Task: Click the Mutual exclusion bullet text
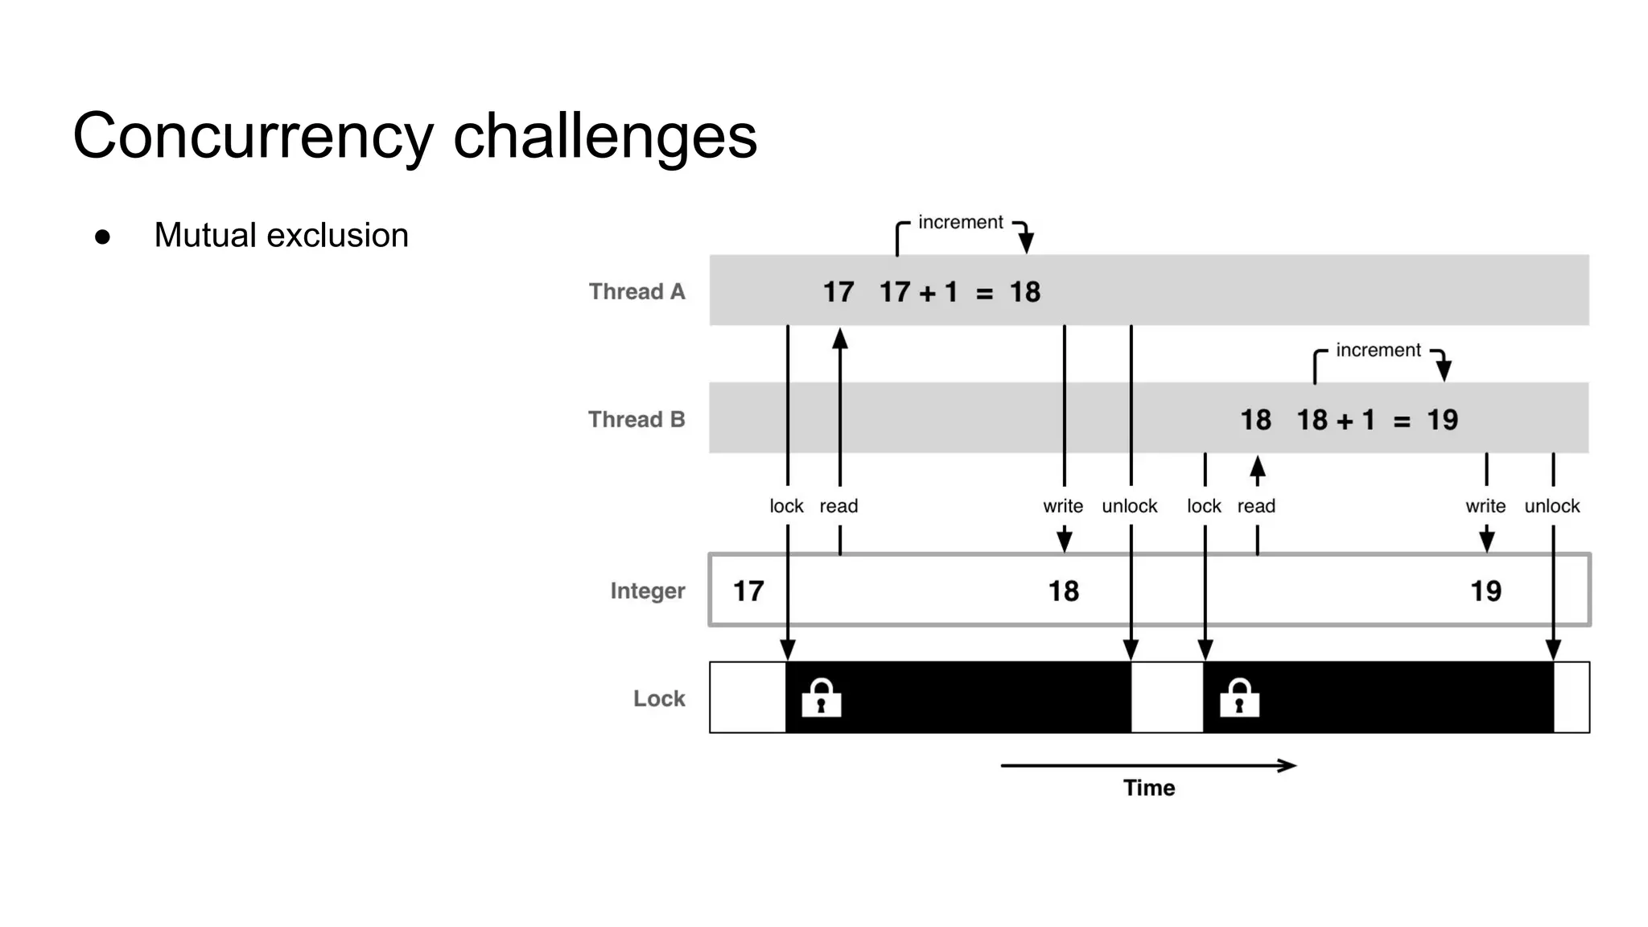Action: (x=281, y=236)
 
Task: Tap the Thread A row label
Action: (x=637, y=291)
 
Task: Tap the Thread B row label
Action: (x=637, y=419)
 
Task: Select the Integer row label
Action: (x=647, y=591)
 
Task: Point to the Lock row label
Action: (x=658, y=698)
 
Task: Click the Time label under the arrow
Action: (x=1148, y=788)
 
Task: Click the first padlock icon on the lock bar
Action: (x=821, y=698)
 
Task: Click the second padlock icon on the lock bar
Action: (x=1239, y=698)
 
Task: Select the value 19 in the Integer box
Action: (x=1485, y=591)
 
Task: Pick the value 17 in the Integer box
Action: (x=748, y=591)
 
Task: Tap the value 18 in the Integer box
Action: (x=1063, y=591)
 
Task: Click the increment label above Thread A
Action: (x=960, y=222)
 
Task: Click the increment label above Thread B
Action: (x=1378, y=350)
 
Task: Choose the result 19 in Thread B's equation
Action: (x=1442, y=420)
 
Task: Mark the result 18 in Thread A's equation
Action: (x=1024, y=292)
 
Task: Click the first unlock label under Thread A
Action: (x=1129, y=506)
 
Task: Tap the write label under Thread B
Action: (x=1485, y=506)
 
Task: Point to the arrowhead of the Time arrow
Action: (x=1289, y=765)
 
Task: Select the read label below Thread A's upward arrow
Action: (x=838, y=506)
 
